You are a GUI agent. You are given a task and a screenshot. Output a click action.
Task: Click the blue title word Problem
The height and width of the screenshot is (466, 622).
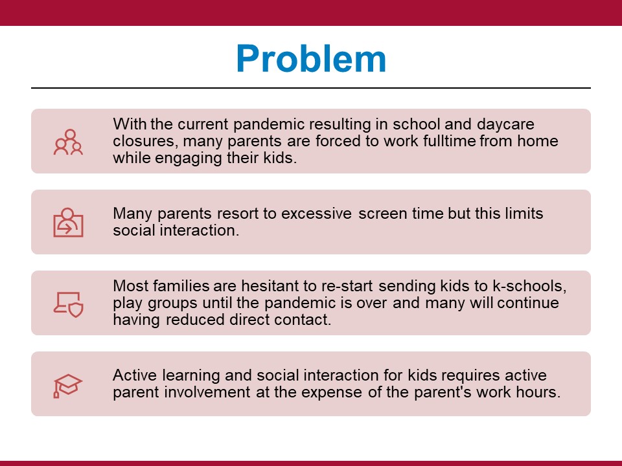click(x=311, y=59)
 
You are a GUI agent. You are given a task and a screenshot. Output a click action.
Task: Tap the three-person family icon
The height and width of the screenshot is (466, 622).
click(x=68, y=142)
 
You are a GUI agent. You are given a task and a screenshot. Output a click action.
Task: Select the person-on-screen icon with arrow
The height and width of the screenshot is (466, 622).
click(x=68, y=222)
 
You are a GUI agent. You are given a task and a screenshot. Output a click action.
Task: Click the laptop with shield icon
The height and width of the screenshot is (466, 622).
click(x=68, y=305)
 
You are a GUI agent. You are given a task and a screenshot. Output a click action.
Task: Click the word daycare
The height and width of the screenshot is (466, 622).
click(x=505, y=125)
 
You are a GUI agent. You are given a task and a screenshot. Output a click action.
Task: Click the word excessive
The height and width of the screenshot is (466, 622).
click(x=316, y=214)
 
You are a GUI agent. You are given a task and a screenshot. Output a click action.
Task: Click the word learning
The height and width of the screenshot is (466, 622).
click(x=190, y=375)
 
